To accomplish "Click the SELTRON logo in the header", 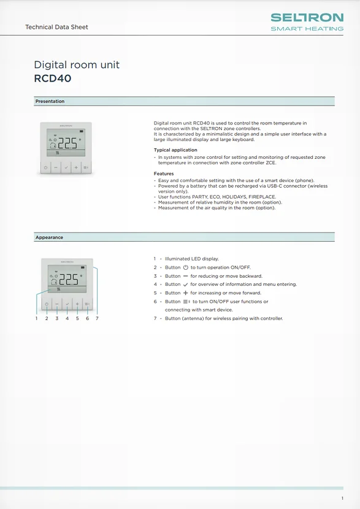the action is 307,18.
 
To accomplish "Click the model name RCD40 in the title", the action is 53,78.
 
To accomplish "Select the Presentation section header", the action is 50,101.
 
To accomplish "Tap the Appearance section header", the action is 49,237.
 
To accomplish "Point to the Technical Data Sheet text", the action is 56,27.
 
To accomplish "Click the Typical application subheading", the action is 175,150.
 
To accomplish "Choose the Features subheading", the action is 164,174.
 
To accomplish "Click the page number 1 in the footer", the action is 342,498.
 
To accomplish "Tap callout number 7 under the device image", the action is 97,318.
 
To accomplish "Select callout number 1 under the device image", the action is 36,318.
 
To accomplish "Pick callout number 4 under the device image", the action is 67,318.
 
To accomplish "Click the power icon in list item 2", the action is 186,267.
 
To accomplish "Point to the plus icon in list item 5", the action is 185,293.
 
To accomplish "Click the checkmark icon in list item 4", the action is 185,285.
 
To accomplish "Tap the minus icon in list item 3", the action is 185,276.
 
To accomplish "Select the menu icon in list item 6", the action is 186,302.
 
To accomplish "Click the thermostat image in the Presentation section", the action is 66,148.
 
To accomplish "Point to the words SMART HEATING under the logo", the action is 307,28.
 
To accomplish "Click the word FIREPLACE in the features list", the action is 262,197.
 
